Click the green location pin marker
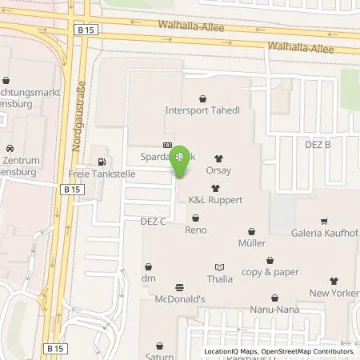pos(181,159)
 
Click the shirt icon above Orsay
pos(220,158)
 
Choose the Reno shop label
pos(196,230)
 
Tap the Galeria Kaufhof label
pos(324,233)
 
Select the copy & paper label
pos(270,271)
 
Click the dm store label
pos(148,278)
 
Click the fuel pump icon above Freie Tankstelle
pos(100,152)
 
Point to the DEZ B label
pos(318,145)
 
